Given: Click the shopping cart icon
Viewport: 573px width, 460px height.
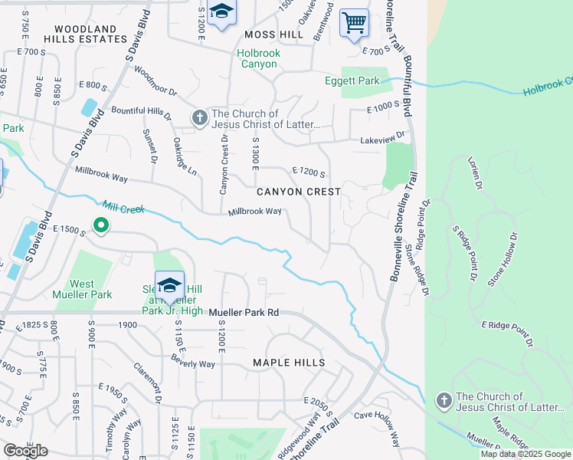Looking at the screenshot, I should [x=353, y=21].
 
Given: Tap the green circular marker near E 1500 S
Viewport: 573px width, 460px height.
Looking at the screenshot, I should [x=100, y=225].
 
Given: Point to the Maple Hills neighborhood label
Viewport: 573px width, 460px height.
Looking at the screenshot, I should [x=289, y=363].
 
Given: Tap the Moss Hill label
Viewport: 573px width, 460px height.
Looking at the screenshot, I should [x=269, y=35].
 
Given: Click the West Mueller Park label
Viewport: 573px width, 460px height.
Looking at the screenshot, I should [x=82, y=289].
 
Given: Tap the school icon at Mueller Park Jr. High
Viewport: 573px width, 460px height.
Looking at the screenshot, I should [x=169, y=285].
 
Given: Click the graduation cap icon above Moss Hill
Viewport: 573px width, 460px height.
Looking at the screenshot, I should [x=221, y=11].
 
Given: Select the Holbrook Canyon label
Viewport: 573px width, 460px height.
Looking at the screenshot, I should [x=257, y=59].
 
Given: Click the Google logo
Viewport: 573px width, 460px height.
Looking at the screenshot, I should [x=26, y=452].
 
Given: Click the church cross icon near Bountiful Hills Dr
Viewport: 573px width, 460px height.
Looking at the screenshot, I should [x=199, y=117].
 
